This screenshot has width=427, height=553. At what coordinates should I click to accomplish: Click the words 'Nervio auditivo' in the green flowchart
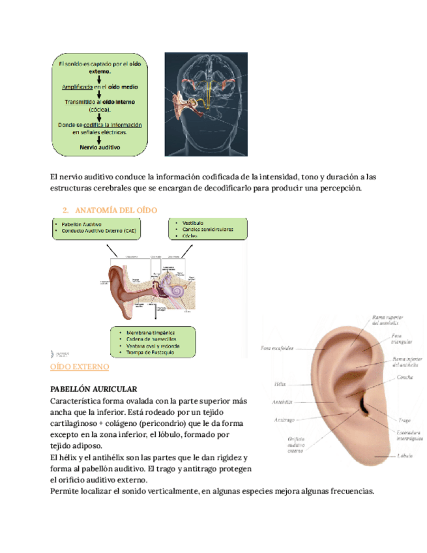click(100, 147)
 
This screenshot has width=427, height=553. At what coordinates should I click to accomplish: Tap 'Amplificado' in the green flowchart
click(77, 86)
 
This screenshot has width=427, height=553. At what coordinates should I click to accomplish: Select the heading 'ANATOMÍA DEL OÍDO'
click(116, 210)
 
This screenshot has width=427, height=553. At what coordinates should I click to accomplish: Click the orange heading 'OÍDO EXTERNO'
click(80, 368)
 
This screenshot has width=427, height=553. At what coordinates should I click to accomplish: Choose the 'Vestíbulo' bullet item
click(188, 222)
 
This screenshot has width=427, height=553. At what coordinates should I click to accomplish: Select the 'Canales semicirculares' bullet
click(204, 230)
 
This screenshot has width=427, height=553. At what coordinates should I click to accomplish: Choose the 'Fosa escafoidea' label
click(276, 348)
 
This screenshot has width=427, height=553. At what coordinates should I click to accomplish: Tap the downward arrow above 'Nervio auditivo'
click(98, 138)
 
